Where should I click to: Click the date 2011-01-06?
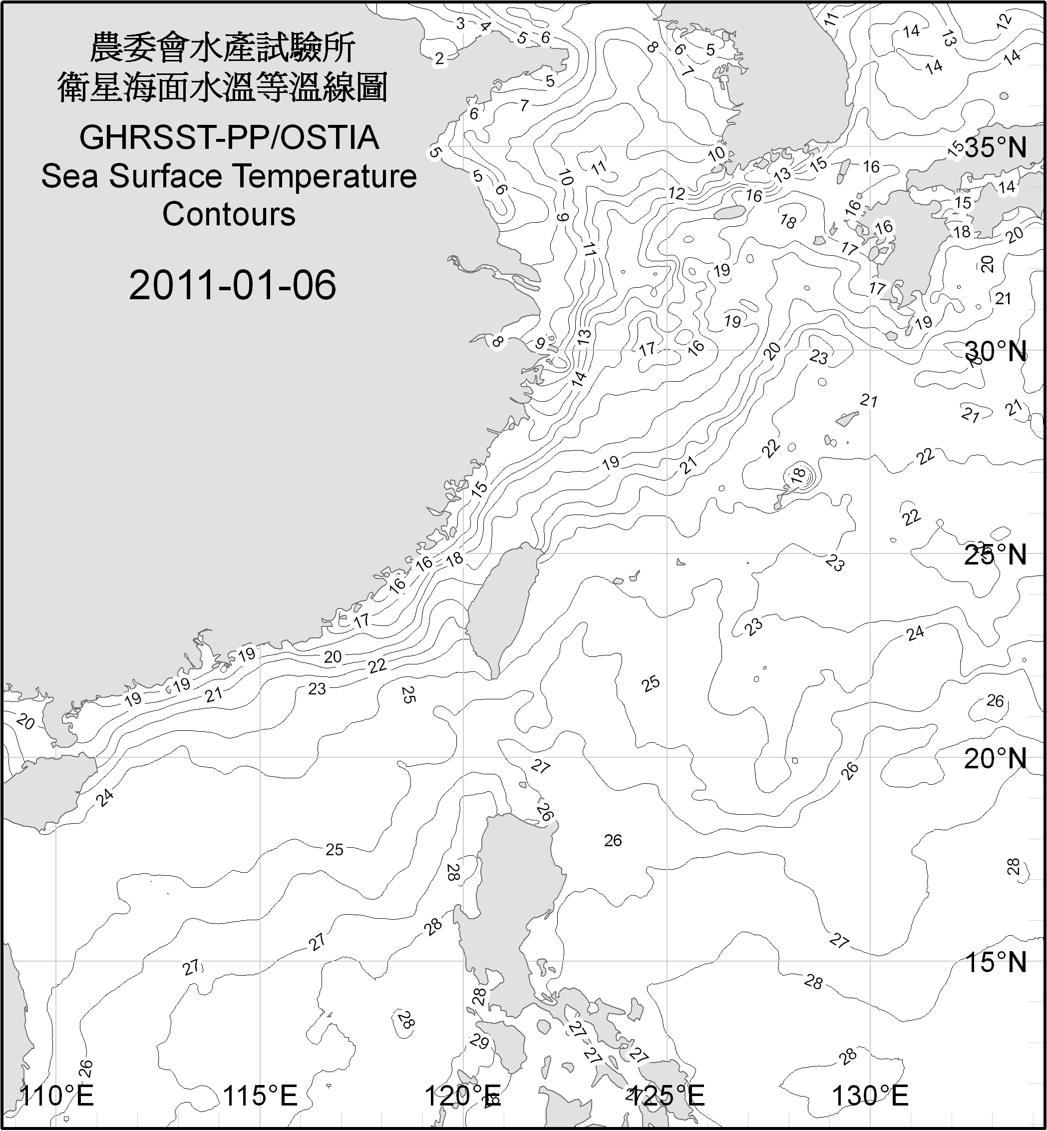click(x=232, y=285)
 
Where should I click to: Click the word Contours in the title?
click(x=229, y=215)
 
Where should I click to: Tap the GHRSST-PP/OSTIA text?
click(x=229, y=138)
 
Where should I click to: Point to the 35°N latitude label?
click(x=996, y=148)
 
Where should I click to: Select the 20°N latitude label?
click(x=996, y=758)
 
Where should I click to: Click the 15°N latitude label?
click(x=996, y=962)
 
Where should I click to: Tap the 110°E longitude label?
click(x=56, y=1096)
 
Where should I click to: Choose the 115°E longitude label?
click(x=260, y=1096)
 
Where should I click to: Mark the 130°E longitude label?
click(x=870, y=1096)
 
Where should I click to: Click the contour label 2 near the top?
click(x=440, y=58)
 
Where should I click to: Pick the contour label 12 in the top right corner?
click(x=1004, y=37)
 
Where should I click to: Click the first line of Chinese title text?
click(x=223, y=47)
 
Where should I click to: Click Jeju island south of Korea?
click(x=728, y=213)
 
